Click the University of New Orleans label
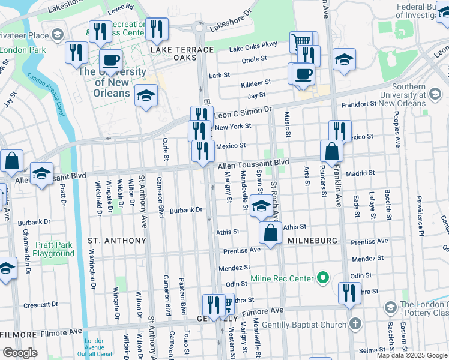pyautogui.click(x=112, y=82)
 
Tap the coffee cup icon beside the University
pyautogui.click(x=111, y=61)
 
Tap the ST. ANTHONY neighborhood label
pyautogui.click(x=117, y=241)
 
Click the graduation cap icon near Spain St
pyautogui.click(x=260, y=206)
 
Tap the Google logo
pyautogui.click(x=20, y=352)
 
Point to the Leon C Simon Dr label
pyautogui.click(x=243, y=113)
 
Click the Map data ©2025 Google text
pyautogui.click(x=412, y=355)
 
